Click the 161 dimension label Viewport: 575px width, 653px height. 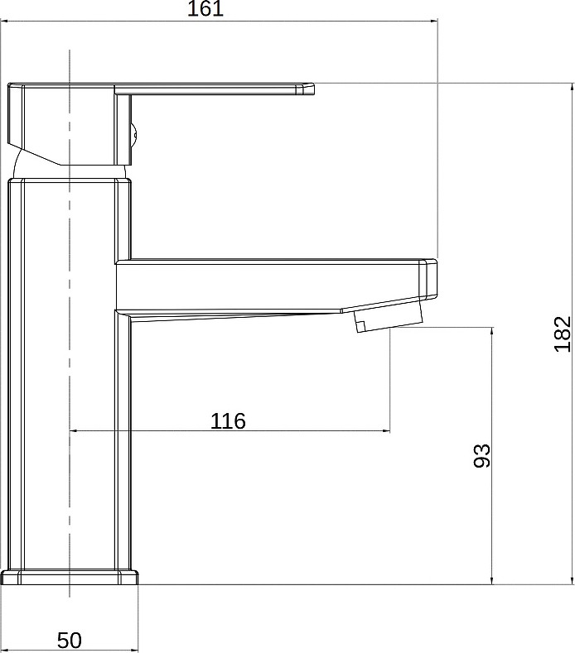tap(205, 9)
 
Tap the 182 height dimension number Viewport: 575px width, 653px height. tap(563, 334)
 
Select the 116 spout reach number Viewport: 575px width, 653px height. tap(228, 421)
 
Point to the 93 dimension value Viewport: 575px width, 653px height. tap(482, 455)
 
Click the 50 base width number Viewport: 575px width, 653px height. tap(70, 640)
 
